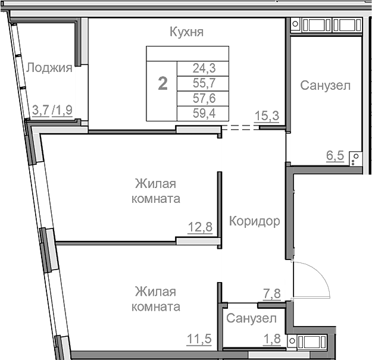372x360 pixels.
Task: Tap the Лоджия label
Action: (x=49, y=68)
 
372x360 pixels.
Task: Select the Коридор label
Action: (x=254, y=222)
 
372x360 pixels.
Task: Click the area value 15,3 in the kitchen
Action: (x=267, y=115)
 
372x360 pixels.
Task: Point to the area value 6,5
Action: (x=335, y=157)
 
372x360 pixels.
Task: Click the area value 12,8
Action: (x=200, y=227)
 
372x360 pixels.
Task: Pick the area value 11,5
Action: (x=200, y=340)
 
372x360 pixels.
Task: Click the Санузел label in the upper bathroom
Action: (x=325, y=86)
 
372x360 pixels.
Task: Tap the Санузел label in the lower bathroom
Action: (x=251, y=318)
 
